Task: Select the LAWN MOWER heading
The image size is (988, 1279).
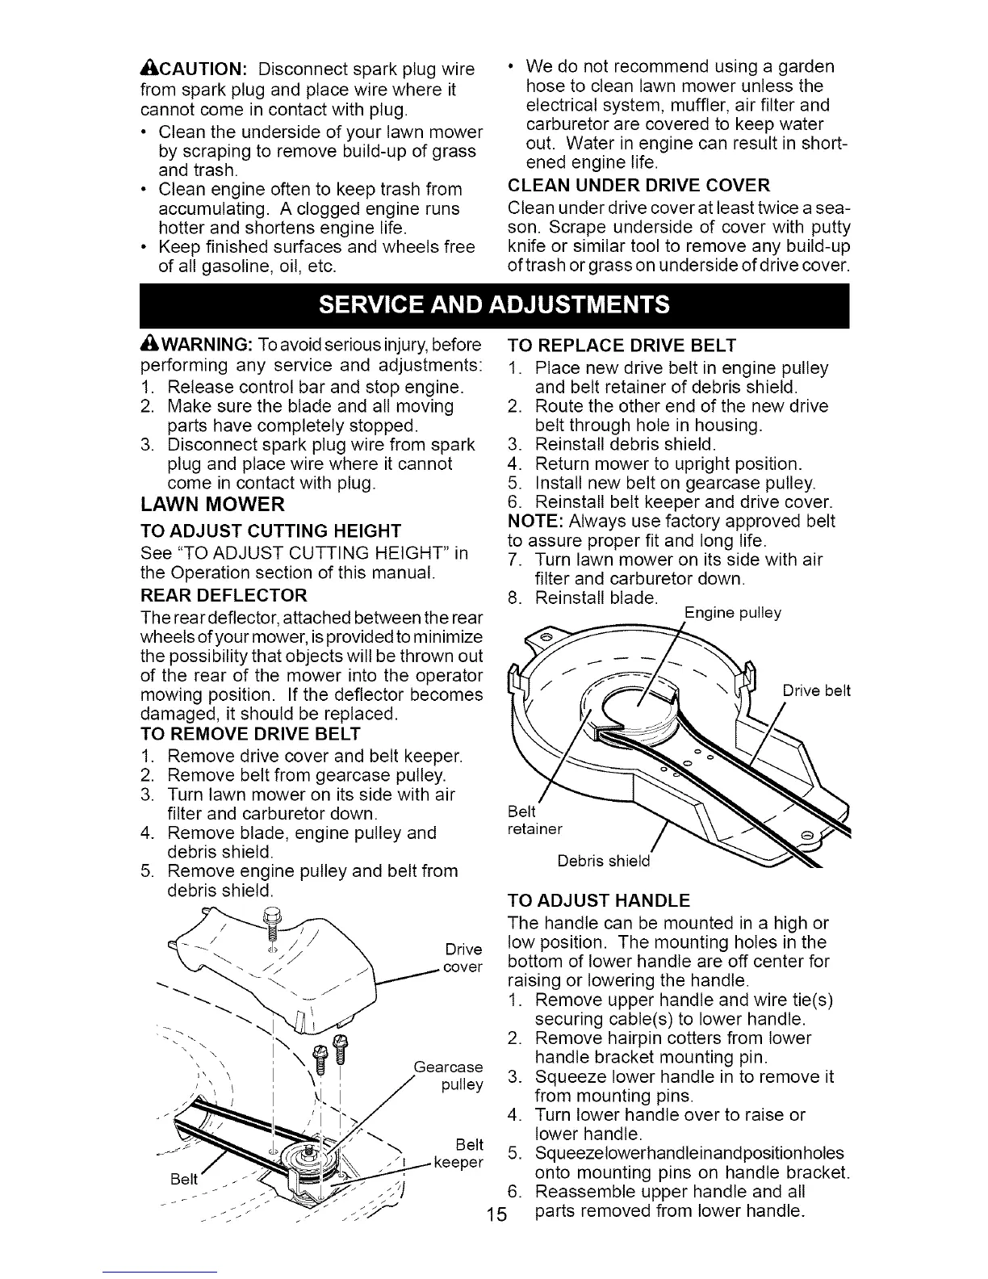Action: (212, 505)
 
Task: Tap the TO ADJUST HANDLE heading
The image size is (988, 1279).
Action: (597, 900)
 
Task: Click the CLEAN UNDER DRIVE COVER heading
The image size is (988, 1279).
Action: (638, 184)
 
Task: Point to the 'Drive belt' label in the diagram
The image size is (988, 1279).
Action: (817, 691)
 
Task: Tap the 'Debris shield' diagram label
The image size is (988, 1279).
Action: (604, 861)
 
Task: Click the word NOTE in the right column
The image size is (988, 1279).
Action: (530, 522)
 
